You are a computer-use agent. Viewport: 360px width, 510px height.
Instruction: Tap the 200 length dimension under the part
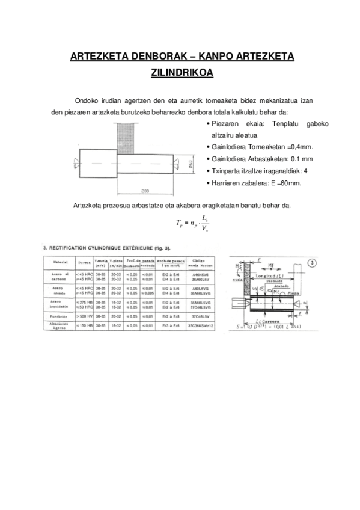pyautogui.click(x=145, y=191)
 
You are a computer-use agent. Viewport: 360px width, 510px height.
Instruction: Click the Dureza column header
pyautogui.click(x=84, y=263)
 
